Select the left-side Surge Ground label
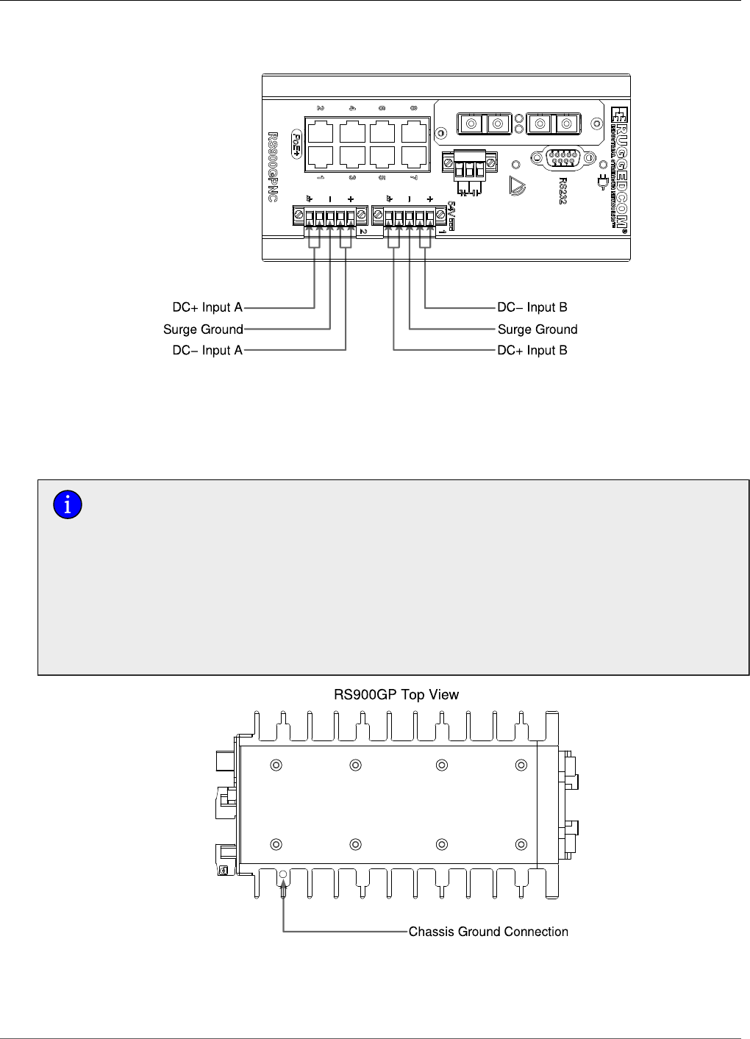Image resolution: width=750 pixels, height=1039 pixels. coord(203,329)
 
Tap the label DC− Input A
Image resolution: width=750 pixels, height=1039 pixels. coord(207,351)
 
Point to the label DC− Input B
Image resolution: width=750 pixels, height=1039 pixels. coord(532,307)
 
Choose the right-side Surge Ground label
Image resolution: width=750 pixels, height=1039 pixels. coord(537,329)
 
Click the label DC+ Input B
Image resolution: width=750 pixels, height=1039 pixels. coord(532,351)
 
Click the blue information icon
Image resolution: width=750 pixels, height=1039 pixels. coord(68,505)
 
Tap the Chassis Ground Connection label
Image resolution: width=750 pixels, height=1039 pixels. coord(488,932)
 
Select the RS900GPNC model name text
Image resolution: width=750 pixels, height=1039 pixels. coord(273,168)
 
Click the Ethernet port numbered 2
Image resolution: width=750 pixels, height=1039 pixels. coord(321,132)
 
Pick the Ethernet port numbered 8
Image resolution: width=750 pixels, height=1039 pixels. coord(414,132)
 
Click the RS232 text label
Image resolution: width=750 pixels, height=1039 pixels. coord(562,187)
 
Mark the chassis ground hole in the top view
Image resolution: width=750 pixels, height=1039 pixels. coord(284,876)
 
